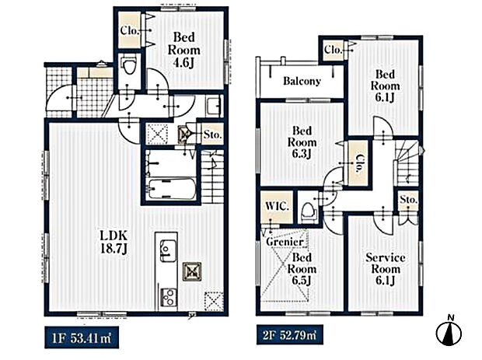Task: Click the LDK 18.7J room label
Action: point(112,241)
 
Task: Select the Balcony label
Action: point(302,81)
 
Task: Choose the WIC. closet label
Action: point(277,207)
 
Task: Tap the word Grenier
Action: point(283,241)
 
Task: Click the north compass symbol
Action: point(448,332)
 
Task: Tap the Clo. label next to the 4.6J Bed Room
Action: point(129,31)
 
